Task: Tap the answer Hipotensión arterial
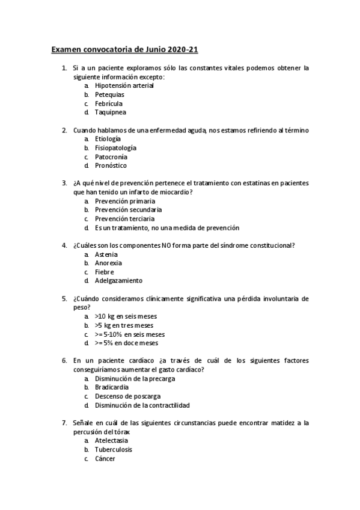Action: pos(124,85)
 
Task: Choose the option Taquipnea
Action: pos(111,112)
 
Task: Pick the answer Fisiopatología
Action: pos(115,147)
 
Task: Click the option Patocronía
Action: pos(111,156)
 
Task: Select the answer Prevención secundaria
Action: pos(128,210)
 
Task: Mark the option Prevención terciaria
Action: pos(124,219)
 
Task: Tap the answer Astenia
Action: pos(106,254)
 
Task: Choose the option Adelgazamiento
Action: pos(119,281)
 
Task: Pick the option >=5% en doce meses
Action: pos(126,343)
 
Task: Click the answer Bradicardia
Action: pos(112,387)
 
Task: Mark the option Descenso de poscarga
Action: pos(127,396)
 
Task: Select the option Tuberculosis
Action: pos(114,450)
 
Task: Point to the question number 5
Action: pos(64,299)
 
